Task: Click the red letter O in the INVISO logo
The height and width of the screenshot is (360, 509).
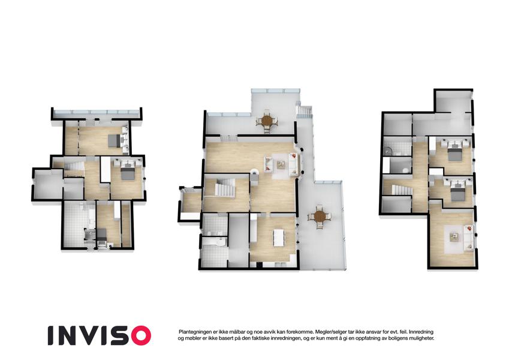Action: click(x=138, y=335)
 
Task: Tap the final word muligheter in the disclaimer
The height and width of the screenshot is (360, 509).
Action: click(x=421, y=338)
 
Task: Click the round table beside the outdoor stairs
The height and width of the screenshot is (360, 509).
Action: click(x=267, y=121)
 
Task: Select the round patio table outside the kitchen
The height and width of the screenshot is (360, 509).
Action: click(x=320, y=216)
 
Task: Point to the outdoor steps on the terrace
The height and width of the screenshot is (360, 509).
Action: click(x=305, y=112)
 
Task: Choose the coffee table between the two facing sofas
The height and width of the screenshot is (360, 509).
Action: click(x=281, y=165)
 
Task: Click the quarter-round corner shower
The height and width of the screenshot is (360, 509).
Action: click(x=387, y=151)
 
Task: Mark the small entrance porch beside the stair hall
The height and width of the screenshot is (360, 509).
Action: click(x=191, y=202)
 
